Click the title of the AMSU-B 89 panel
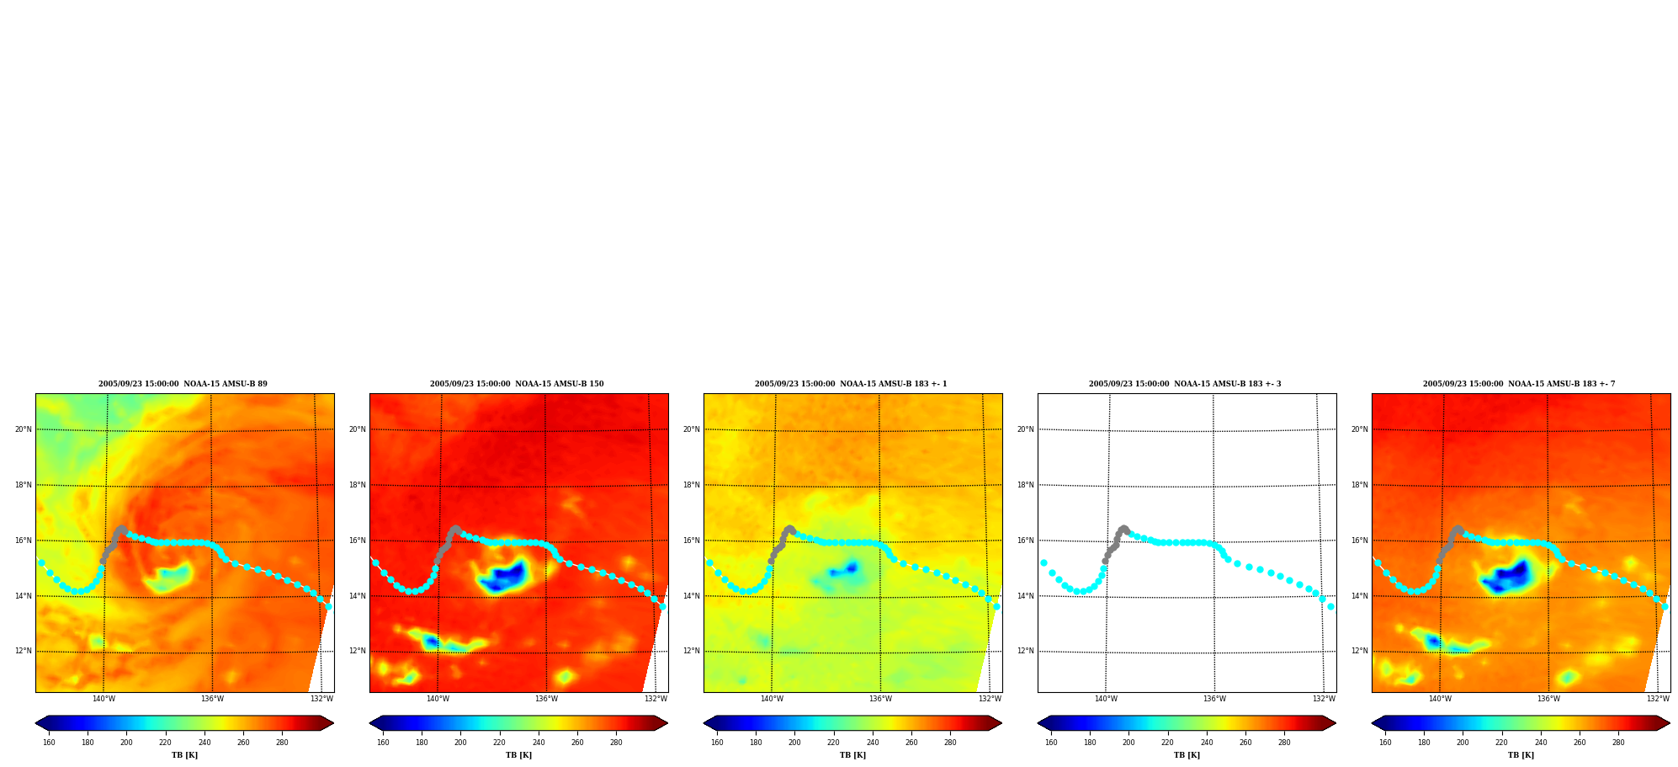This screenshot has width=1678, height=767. pyautogui.click(x=183, y=384)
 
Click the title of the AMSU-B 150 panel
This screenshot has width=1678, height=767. pyautogui.click(x=517, y=384)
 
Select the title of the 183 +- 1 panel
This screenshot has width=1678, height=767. pyautogui.click(x=851, y=384)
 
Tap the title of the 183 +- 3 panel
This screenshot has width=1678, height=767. pyautogui.click(x=1185, y=384)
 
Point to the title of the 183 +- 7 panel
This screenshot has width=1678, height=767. pyautogui.click(x=1519, y=384)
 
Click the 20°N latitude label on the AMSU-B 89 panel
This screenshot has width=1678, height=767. pyautogui.click(x=23, y=429)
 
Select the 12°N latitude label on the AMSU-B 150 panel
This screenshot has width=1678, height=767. pyautogui.click(x=357, y=651)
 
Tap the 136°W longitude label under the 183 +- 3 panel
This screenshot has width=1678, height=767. pyautogui.click(x=1214, y=699)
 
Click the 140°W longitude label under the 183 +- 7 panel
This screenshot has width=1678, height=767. pyautogui.click(x=1440, y=699)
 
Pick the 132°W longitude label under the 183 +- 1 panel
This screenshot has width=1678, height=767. pyautogui.click(x=990, y=699)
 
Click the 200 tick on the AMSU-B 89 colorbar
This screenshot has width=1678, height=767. pyautogui.click(x=126, y=743)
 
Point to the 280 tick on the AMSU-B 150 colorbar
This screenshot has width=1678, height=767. pyautogui.click(x=616, y=743)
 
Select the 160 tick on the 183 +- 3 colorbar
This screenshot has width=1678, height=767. pyautogui.click(x=1051, y=743)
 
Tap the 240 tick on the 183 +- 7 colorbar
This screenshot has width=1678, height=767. pyautogui.click(x=1541, y=743)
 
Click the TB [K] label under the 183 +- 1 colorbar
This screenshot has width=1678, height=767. pyautogui.click(x=852, y=755)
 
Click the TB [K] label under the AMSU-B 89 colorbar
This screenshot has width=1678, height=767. pyautogui.click(x=184, y=755)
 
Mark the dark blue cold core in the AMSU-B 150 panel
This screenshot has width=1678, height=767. pyautogui.click(x=506, y=577)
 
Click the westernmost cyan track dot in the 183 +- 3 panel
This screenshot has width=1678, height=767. pyautogui.click(x=1043, y=562)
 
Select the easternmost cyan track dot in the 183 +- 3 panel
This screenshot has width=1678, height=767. pyautogui.click(x=1330, y=606)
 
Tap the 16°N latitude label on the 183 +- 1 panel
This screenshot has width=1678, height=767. pyautogui.click(x=691, y=541)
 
